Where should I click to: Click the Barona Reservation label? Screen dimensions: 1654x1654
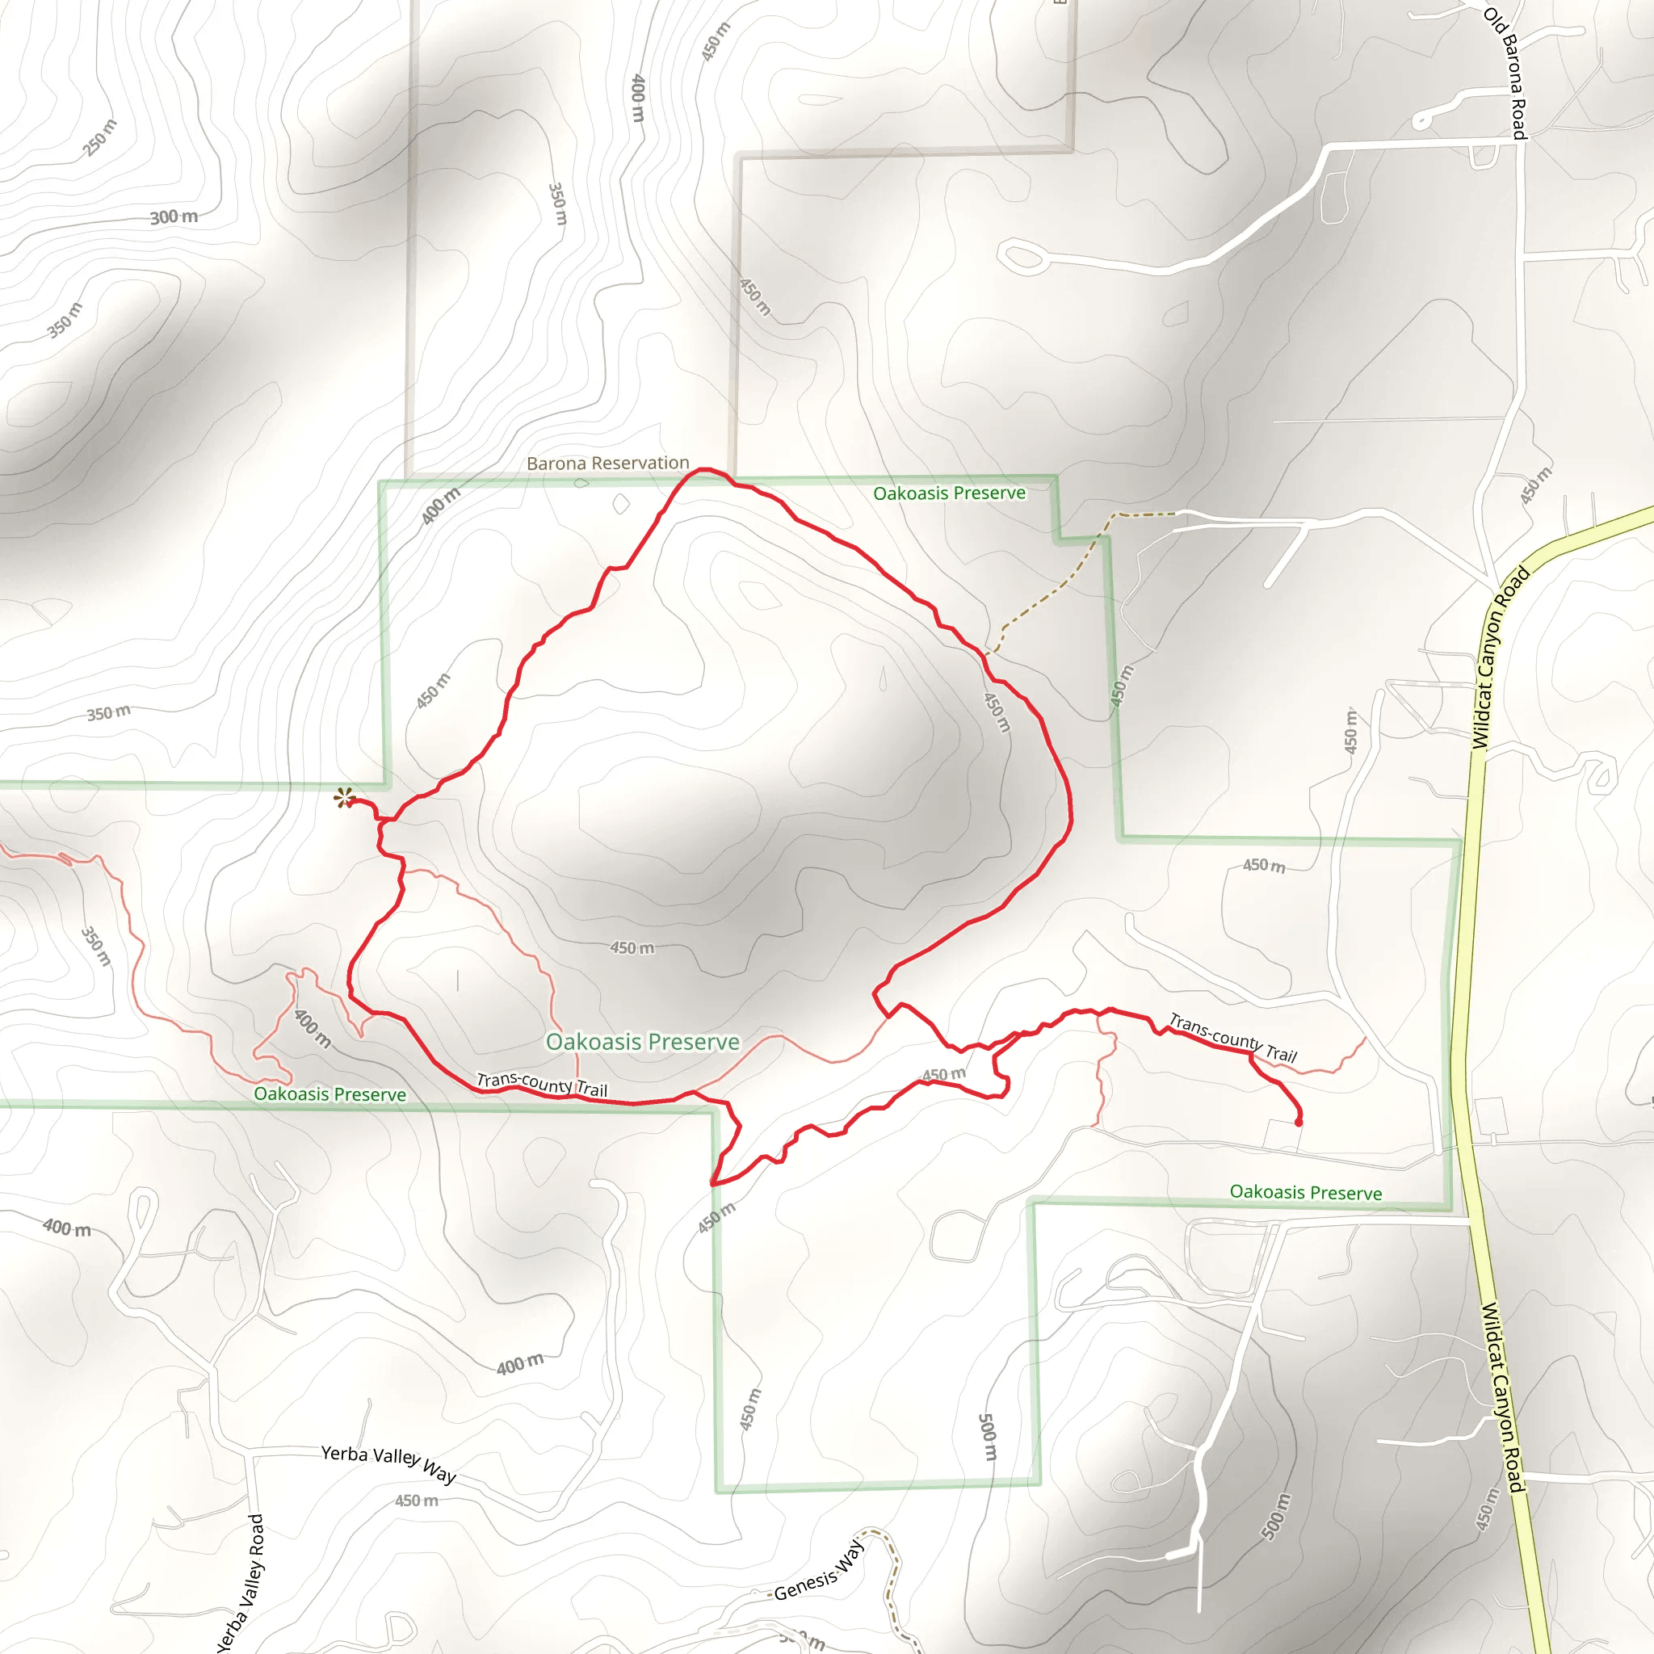click(608, 463)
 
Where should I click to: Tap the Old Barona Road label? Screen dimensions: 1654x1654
click(1506, 73)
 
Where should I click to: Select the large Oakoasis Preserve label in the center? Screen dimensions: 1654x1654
click(642, 1042)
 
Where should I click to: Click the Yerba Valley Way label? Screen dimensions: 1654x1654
click(388, 1463)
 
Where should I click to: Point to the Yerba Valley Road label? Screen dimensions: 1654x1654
click(241, 1584)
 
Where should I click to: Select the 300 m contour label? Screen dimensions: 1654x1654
click(174, 217)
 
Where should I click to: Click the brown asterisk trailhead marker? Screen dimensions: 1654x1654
click(343, 798)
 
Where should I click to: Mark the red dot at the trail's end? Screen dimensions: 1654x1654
click(1299, 1123)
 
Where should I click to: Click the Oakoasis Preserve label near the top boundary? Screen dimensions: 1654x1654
click(949, 493)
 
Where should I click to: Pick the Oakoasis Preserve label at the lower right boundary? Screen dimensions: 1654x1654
click(1305, 1193)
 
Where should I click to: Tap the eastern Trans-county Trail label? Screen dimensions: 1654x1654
click(1232, 1038)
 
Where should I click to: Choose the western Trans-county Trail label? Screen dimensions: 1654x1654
click(542, 1085)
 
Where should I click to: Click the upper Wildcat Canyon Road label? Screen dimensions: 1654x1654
click(1499, 659)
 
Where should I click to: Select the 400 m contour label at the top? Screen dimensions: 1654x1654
click(638, 98)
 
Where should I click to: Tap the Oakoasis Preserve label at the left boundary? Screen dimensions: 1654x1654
click(330, 1094)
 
